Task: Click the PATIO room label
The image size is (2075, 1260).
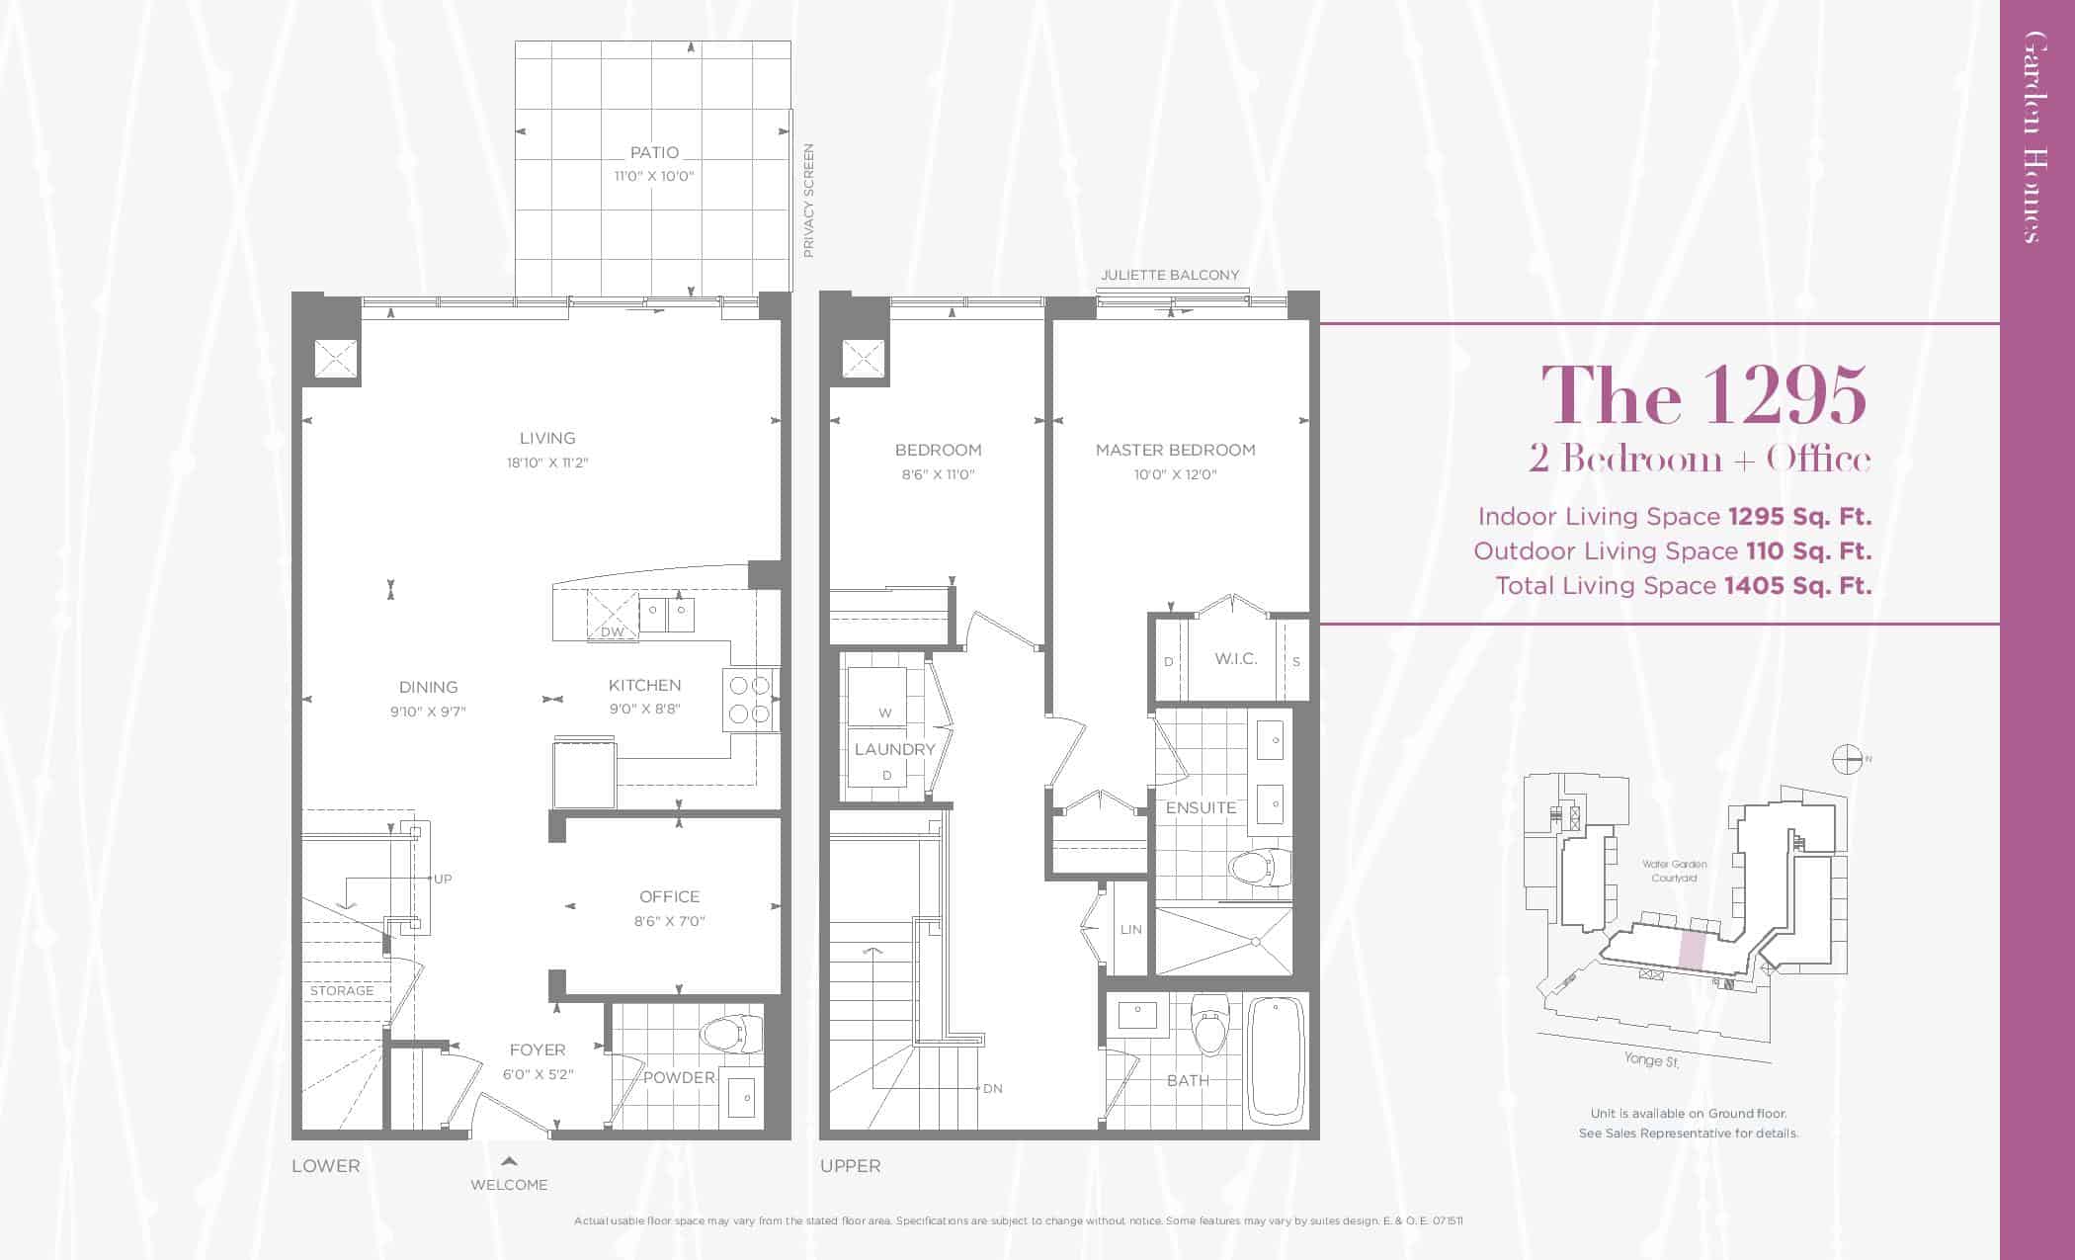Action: (x=654, y=153)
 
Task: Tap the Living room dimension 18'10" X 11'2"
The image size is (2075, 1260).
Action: (x=547, y=462)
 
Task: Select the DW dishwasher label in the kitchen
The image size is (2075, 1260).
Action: (x=612, y=631)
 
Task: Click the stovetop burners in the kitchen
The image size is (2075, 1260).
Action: (x=749, y=700)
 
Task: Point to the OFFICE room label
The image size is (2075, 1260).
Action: (x=669, y=896)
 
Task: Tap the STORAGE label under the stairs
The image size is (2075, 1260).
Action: (x=342, y=990)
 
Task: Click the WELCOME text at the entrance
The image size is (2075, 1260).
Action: (x=509, y=1184)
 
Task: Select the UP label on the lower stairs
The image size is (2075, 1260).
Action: (x=443, y=879)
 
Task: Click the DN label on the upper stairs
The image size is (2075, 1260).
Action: (x=993, y=1088)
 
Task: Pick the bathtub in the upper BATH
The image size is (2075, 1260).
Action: (x=1277, y=1058)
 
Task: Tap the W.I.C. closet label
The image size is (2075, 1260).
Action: (x=1235, y=658)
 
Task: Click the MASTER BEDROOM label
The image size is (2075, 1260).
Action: (x=1175, y=450)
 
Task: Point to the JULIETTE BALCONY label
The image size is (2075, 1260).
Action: (x=1170, y=275)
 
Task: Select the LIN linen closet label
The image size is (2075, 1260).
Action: (x=1131, y=929)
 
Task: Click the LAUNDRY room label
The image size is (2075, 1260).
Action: (x=894, y=749)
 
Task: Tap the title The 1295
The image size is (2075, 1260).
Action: (x=1703, y=395)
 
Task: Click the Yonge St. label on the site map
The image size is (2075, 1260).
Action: (x=1651, y=1059)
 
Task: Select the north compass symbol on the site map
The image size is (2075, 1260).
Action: (x=1847, y=759)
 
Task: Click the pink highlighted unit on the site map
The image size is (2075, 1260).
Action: (x=1692, y=950)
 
